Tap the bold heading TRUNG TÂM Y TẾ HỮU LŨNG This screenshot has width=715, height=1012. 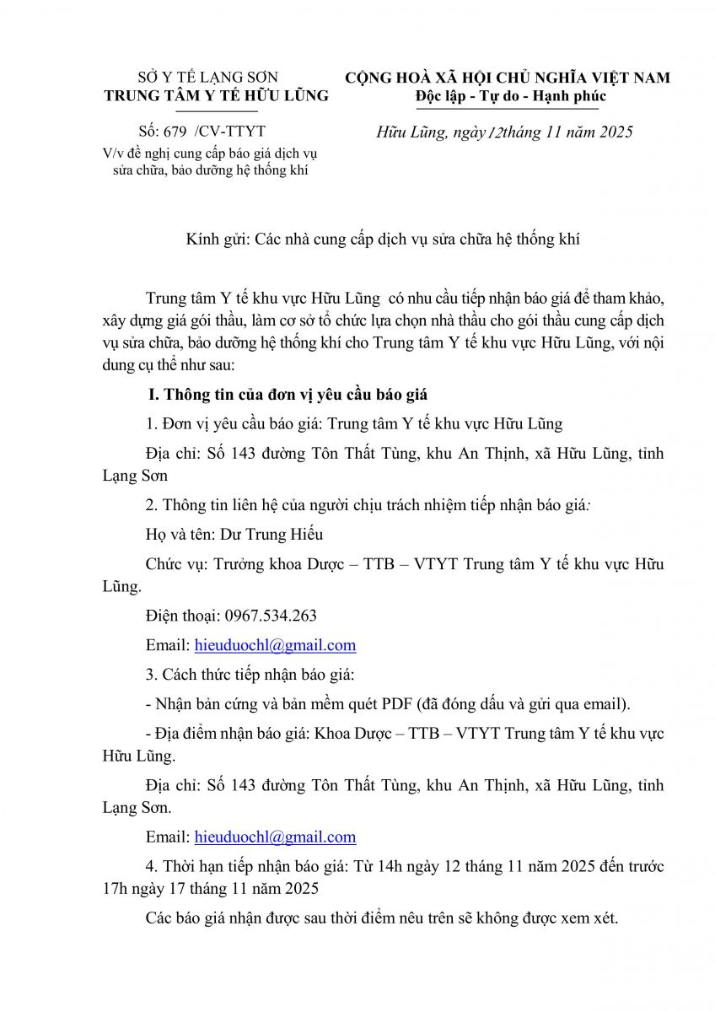coord(216,96)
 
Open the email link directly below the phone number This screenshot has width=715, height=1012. coord(275,645)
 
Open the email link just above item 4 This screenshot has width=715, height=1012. coord(275,837)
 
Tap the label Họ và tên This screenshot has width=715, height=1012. coord(176,534)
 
